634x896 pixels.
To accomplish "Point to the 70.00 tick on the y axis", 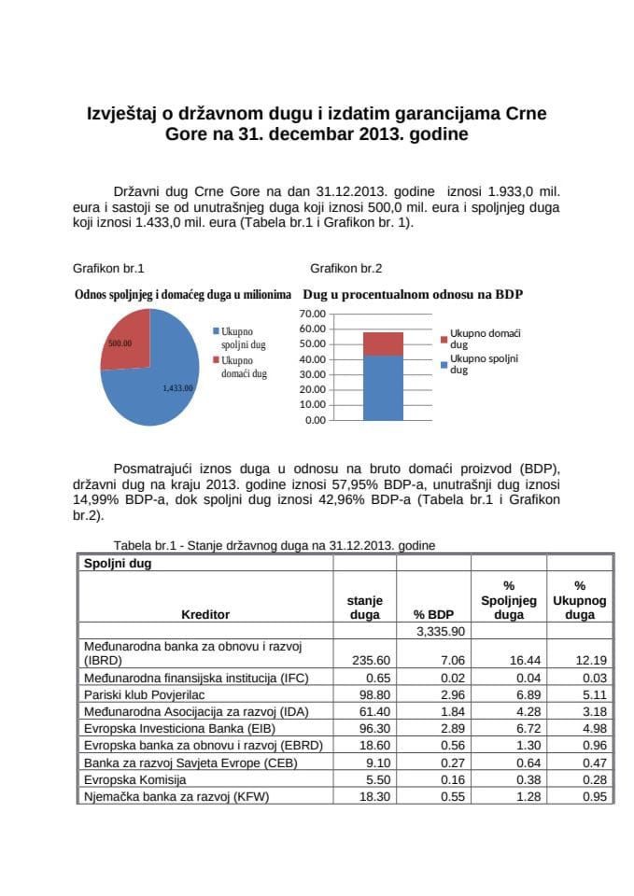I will pos(314,314).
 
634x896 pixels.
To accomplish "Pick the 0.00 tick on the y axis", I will pos(317,420).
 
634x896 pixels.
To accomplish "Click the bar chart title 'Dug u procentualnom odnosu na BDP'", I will pos(413,294).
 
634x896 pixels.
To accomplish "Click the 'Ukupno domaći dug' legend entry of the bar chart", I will pos(484,338).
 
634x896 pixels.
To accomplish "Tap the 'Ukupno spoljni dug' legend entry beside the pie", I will pos(243,338).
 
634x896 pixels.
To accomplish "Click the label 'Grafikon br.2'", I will pos(345,269).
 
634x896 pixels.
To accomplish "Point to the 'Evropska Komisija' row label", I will pos(135,779).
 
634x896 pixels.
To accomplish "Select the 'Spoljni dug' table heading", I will pos(118,564).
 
